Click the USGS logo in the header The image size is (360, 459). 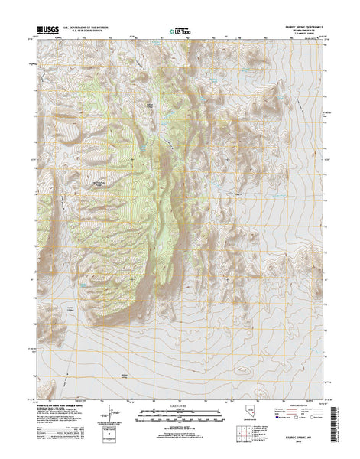click(45, 28)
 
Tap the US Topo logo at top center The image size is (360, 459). click(180, 30)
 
